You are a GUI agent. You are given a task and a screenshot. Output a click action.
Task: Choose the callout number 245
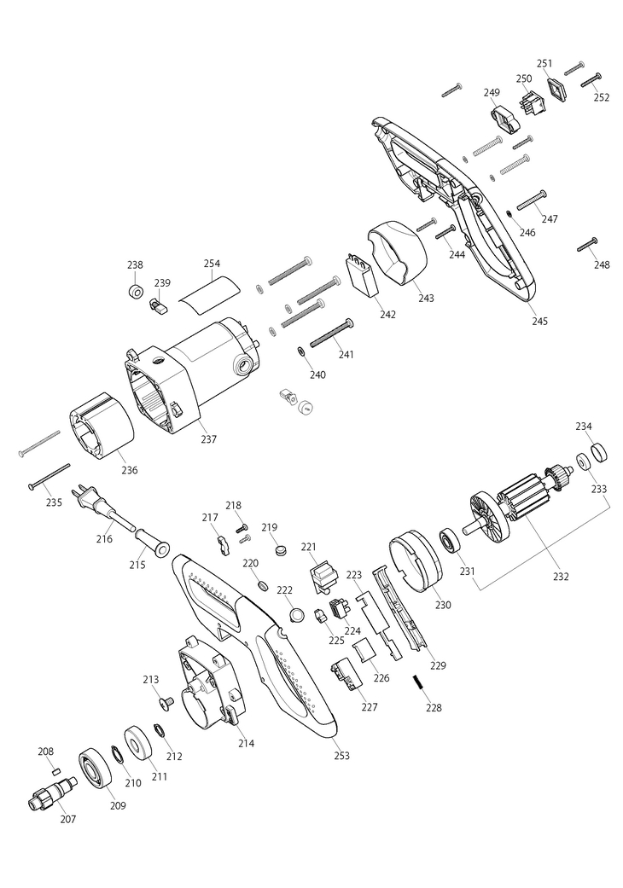[x=539, y=322]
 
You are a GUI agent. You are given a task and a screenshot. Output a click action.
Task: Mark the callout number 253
[x=342, y=756]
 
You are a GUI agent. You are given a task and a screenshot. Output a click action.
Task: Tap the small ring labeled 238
[x=134, y=293]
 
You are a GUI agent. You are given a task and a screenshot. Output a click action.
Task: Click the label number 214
[x=246, y=744]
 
